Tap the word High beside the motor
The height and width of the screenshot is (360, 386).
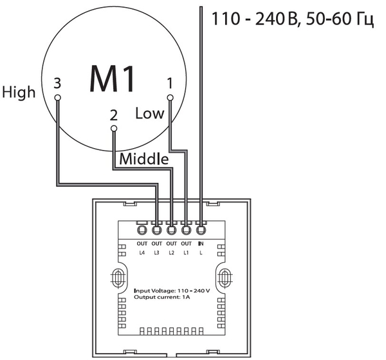coord(19,92)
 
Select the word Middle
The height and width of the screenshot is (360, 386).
coord(144,158)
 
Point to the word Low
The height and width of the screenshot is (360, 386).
coord(149,114)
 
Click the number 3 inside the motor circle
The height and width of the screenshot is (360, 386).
coord(57,83)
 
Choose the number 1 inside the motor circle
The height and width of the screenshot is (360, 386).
coord(169,83)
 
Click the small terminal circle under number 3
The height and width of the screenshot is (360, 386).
coord(57,98)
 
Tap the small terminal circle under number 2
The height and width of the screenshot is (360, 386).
coord(114,129)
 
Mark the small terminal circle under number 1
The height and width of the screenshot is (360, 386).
coord(170,98)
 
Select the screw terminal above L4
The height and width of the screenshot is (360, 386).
coord(142,229)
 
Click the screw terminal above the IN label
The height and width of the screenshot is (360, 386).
coord(201,229)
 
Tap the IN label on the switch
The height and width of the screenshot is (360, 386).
coord(201,244)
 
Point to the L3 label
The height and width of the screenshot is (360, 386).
coord(156,253)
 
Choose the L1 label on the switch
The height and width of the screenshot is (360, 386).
coord(186,253)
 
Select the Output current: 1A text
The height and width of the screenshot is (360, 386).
coord(161,298)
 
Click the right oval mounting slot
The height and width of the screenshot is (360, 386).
coord(225,278)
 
